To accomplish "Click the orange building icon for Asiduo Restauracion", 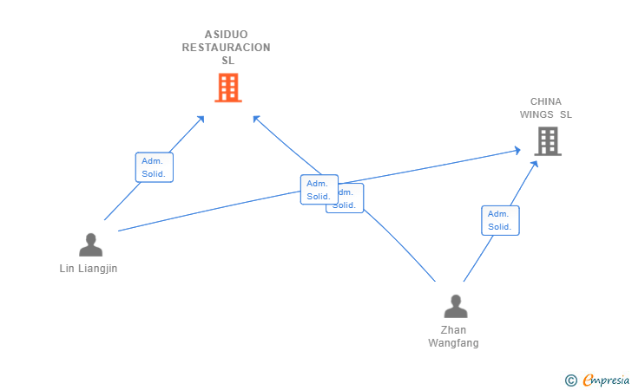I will tap(227, 88).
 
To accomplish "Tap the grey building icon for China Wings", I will tap(548, 140).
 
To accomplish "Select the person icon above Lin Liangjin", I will tap(90, 245).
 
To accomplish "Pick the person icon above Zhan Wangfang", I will tap(455, 307).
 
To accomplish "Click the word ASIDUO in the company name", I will tap(227, 35).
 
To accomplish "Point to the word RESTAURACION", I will tap(227, 48).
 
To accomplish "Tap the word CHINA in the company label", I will tap(546, 101).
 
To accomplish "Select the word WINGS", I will tap(537, 114).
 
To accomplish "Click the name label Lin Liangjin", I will tap(88, 269).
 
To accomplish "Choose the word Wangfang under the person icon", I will tap(453, 343).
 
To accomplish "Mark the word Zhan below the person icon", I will tap(453, 330).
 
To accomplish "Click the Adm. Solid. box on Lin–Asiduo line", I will tap(155, 167).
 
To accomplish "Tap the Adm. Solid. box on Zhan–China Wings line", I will tap(500, 220).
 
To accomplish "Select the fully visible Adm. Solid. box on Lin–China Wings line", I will tap(319, 190).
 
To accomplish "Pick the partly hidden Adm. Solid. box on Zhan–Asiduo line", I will tap(352, 200).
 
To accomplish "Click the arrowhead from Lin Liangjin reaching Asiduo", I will tap(201, 118).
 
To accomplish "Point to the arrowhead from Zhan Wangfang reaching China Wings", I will tap(530, 162).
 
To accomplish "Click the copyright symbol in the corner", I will tap(570, 380).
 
